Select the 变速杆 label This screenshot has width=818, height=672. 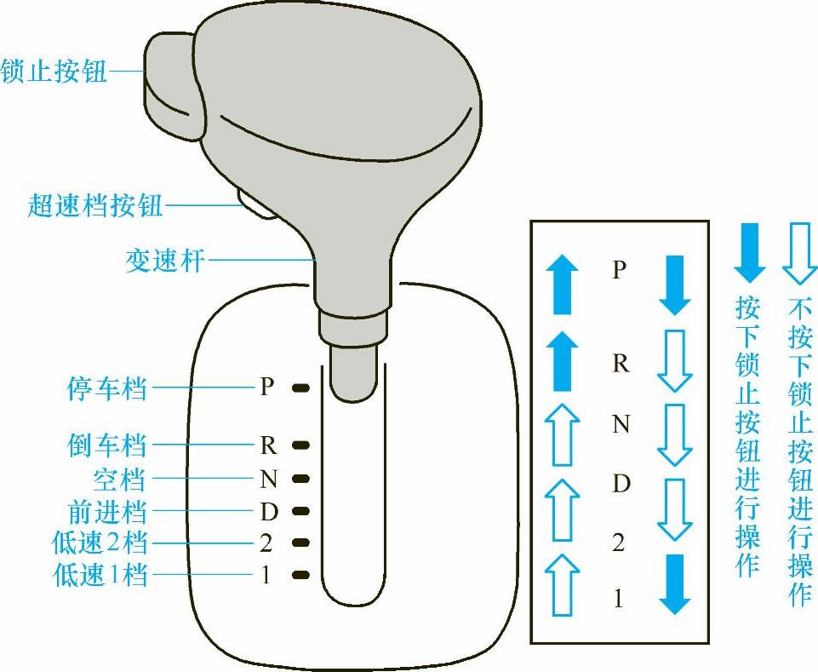coord(165,260)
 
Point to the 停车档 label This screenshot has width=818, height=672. coord(106,388)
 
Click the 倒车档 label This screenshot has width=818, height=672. coord(106,445)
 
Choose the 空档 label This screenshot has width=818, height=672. coord(119,479)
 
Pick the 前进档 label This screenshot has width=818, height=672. coord(106,512)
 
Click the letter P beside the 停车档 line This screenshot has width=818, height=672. coord(267,388)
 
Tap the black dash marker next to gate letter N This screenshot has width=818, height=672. coord(300,479)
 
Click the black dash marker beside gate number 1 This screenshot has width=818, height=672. coord(300,575)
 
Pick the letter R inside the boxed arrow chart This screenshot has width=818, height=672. coord(621,364)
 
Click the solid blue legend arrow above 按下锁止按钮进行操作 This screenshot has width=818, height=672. coord(749,253)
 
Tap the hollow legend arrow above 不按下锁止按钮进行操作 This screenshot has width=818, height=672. coord(798,253)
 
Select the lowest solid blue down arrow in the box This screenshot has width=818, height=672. coord(675,584)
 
